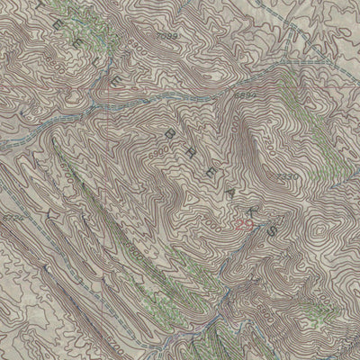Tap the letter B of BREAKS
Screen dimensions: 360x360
167,132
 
